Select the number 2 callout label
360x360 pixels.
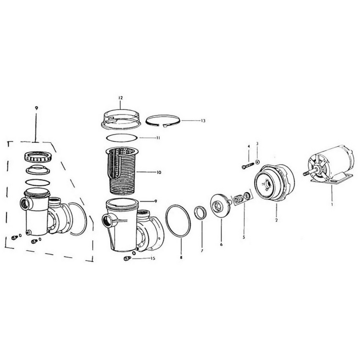coord(276,220)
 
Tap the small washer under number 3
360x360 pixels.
coord(257,162)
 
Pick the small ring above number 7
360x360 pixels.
coord(200,213)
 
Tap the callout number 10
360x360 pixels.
coord(159,172)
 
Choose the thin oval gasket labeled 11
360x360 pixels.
coord(121,138)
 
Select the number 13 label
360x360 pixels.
coord(203,121)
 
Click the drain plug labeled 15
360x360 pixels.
coord(126,258)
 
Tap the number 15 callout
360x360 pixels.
coord(153,258)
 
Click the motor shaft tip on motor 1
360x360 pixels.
coord(304,173)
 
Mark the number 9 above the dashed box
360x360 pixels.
coord(36,108)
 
